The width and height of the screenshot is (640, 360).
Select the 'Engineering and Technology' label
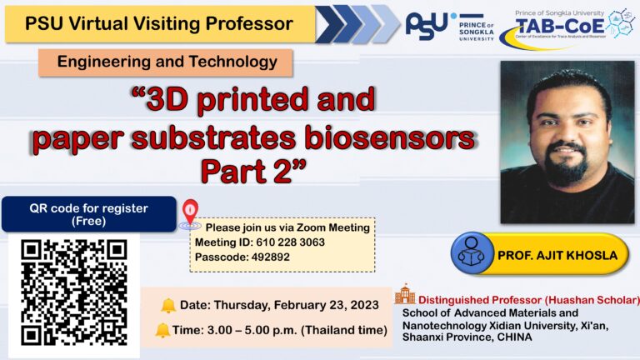[x=166, y=62]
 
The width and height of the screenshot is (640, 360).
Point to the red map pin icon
[x=190, y=213]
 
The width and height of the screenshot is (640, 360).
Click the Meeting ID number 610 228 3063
[x=291, y=242]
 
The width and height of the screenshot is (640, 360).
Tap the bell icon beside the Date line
[x=168, y=305]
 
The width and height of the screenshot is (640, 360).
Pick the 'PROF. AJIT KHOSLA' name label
[x=557, y=254]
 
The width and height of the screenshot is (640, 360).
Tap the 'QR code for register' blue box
[x=88, y=213]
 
